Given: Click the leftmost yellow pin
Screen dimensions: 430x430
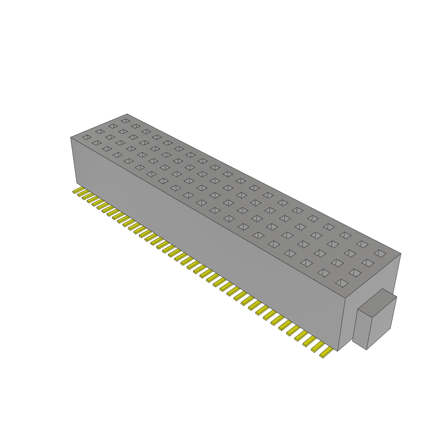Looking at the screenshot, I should pos(76,191).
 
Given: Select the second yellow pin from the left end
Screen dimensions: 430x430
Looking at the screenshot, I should pos(81,194).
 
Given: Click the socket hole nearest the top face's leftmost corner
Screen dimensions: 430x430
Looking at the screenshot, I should pos(86,137).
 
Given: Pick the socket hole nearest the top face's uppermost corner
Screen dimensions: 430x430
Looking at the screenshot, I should pos(125,121).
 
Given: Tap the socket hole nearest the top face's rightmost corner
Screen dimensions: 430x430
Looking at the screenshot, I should pos(380,253).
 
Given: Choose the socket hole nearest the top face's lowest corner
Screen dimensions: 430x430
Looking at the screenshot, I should pos(342,283).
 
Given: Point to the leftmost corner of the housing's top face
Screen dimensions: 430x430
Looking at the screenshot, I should pos(71,137).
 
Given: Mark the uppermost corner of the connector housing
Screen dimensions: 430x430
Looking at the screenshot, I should pos(127,114).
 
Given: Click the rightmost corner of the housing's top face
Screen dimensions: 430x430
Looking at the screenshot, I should pos(401,254).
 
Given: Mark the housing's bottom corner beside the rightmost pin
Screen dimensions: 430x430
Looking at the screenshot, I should pos(338,351).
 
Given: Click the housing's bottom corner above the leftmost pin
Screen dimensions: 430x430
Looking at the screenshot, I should pos(76,183).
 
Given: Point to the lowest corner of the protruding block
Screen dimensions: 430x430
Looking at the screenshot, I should pos(367,349).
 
